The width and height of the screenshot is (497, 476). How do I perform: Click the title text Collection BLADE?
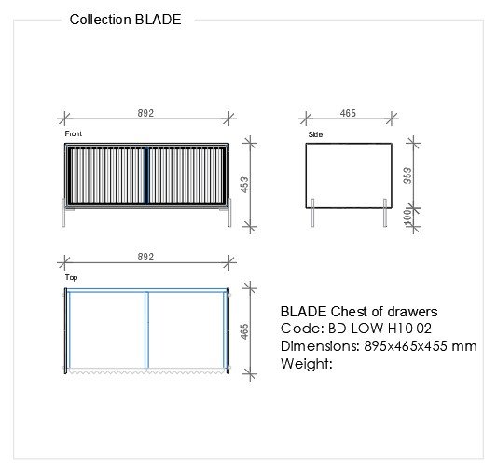point(125,20)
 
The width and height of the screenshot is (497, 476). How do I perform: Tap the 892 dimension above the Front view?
point(145,113)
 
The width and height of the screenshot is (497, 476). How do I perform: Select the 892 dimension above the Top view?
point(145,257)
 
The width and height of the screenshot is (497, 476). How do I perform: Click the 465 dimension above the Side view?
point(348,113)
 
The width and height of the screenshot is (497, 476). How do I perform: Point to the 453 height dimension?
point(244,185)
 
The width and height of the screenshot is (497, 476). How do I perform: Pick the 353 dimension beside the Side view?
point(407,175)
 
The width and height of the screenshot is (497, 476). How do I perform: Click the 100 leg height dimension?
point(407,217)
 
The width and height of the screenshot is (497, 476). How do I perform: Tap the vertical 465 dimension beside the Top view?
point(244,331)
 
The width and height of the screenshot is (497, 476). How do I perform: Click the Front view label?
point(74,133)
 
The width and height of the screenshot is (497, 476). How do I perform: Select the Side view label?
point(315,134)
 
